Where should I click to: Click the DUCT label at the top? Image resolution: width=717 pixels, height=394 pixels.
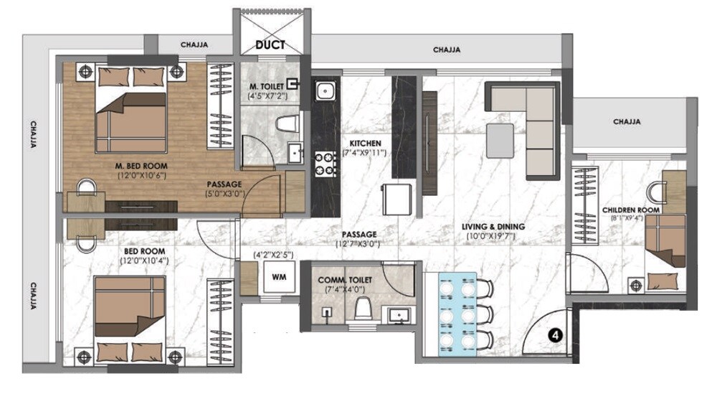pyautogui.click(x=270, y=44)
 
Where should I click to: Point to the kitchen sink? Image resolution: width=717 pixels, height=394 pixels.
pyautogui.click(x=326, y=91)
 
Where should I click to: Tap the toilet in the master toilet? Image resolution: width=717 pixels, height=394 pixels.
pyautogui.click(x=287, y=124)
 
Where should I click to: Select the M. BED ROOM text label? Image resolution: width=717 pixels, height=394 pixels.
pyautogui.click(x=141, y=166)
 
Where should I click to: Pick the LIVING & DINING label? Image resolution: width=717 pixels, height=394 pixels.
pyautogui.click(x=493, y=227)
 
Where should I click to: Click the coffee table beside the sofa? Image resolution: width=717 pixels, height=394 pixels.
pyautogui.click(x=500, y=140)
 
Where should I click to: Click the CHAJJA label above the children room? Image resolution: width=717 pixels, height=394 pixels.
pyautogui.click(x=627, y=122)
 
